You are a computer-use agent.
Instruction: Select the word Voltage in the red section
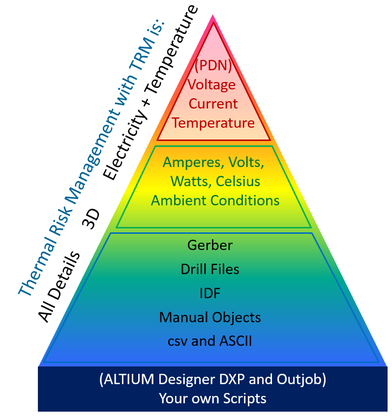point(212,84)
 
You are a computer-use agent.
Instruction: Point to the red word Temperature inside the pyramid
point(213,122)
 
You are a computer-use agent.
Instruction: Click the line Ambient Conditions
point(215,200)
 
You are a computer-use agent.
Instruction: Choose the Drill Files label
point(210,269)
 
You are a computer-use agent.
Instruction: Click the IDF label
point(210,293)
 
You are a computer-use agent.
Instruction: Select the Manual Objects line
point(210,317)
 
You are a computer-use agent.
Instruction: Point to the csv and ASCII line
point(210,341)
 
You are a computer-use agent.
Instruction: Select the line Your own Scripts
point(212,398)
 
